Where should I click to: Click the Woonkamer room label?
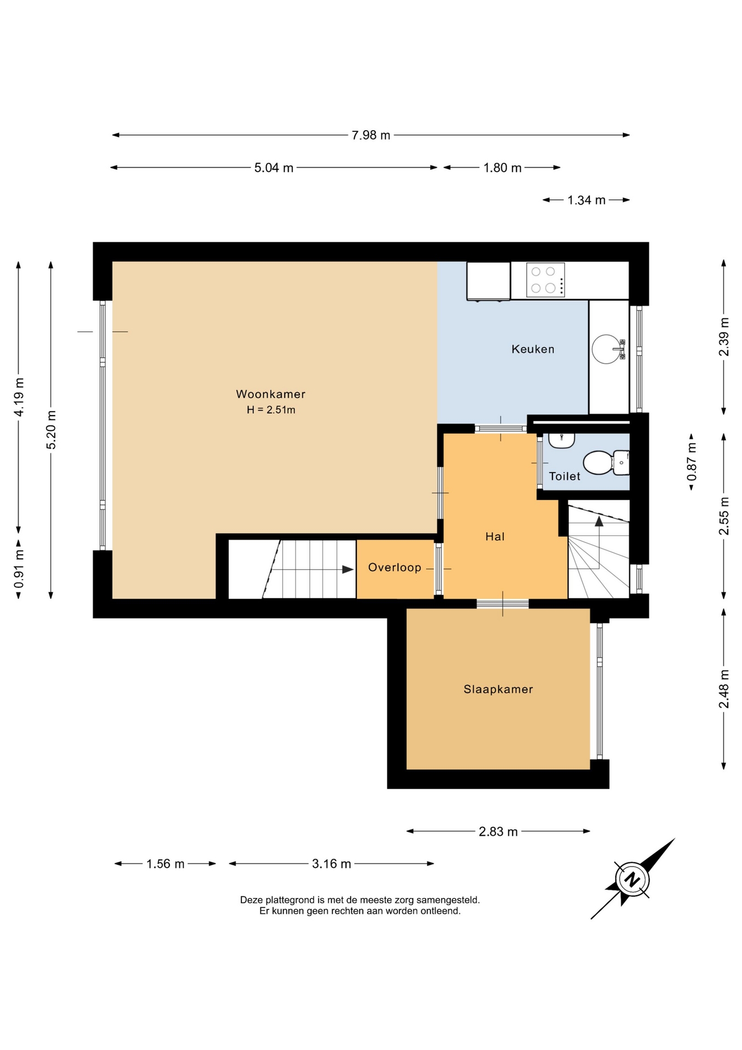coord(270,394)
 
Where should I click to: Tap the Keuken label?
coord(533,349)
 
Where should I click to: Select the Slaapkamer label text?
coord(498,689)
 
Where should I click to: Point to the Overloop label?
coord(394,568)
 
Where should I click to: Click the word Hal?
coord(495,536)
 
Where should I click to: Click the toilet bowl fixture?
coord(606,463)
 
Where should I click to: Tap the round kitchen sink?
coord(607,349)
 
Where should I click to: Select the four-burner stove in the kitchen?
coord(545,280)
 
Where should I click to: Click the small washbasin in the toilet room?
coord(561,440)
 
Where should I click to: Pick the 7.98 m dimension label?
coord(371,135)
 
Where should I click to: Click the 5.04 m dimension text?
coord(274,168)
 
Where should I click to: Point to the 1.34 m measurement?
coord(586,200)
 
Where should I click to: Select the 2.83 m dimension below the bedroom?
coord(498,832)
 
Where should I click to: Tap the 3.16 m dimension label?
coord(332,864)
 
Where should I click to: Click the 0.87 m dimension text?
coord(692,462)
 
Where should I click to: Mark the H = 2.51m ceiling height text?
coord(271,410)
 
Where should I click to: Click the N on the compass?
coord(632,880)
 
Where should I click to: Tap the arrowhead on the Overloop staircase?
coord(348,569)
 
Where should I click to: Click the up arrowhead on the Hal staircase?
coord(599,521)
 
